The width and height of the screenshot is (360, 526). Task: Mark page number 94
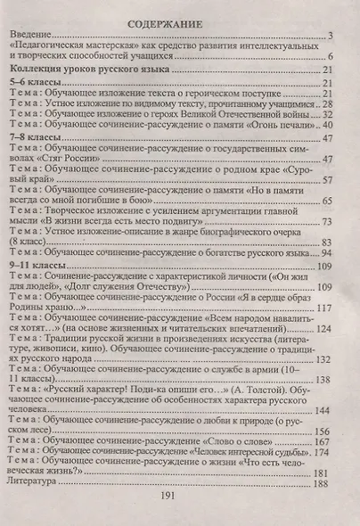(x=326, y=254)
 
